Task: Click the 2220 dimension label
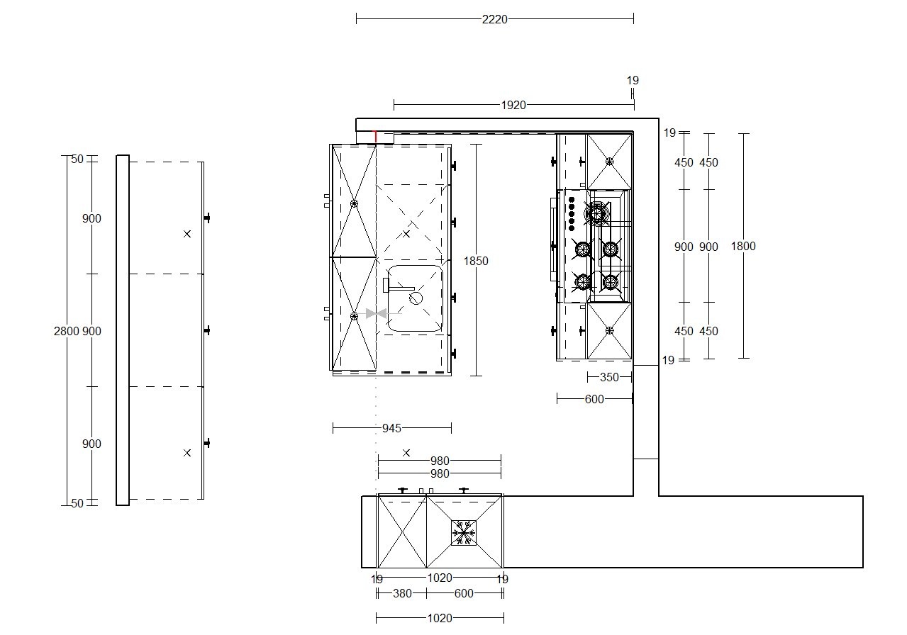tap(494, 19)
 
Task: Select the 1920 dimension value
tap(513, 105)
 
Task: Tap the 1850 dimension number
tap(476, 261)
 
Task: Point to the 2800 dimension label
tap(67, 331)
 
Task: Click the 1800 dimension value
tap(743, 246)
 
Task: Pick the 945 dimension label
tap(391, 428)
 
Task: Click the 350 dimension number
tap(609, 377)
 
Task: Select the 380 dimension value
tap(402, 593)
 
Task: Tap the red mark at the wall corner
tap(375, 136)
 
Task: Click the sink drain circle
tap(416, 298)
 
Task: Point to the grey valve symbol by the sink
tap(376, 313)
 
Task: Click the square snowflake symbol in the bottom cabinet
tap(464, 533)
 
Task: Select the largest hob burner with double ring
tap(597, 213)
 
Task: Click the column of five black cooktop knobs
tap(572, 214)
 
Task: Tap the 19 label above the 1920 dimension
tap(633, 80)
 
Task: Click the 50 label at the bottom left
tap(77, 503)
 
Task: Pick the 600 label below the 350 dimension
tap(594, 399)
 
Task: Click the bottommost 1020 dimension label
tap(440, 618)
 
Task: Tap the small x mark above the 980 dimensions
tap(406, 453)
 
